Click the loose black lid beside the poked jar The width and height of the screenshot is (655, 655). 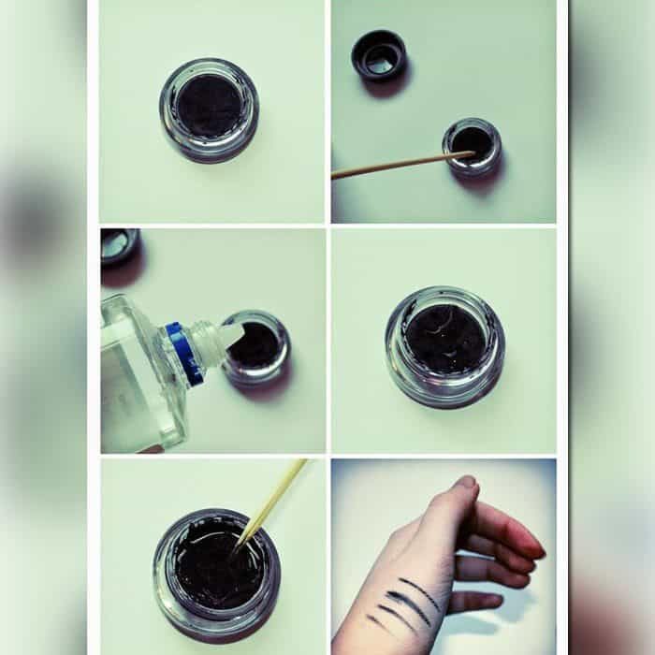pyautogui.click(x=379, y=55)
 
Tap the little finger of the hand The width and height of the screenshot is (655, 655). pyautogui.click(x=473, y=600)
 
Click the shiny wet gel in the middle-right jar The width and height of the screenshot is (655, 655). pyautogui.click(x=444, y=338)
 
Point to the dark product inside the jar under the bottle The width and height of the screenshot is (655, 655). pyautogui.click(x=255, y=346)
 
